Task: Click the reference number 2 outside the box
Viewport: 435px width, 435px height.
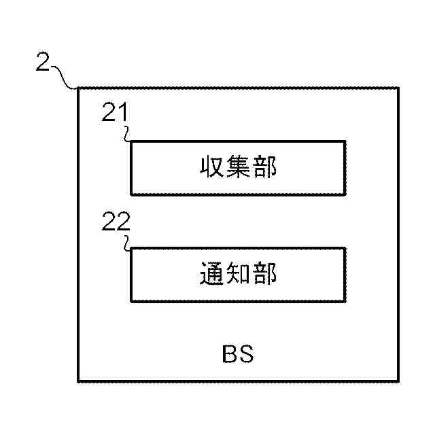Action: (x=42, y=64)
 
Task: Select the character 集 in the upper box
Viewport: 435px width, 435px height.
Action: (x=238, y=167)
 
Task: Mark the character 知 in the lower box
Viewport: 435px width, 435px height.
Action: (x=238, y=275)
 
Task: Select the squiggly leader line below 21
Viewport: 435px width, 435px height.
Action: (x=127, y=133)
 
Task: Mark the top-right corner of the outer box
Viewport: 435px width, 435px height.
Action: (x=398, y=88)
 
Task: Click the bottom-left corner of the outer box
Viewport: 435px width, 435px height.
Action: (x=78, y=381)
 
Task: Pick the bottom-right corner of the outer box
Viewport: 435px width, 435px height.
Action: (x=398, y=381)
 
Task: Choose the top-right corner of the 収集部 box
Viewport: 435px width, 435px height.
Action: (x=344, y=141)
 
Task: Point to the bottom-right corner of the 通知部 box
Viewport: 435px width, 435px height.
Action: (x=344, y=301)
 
